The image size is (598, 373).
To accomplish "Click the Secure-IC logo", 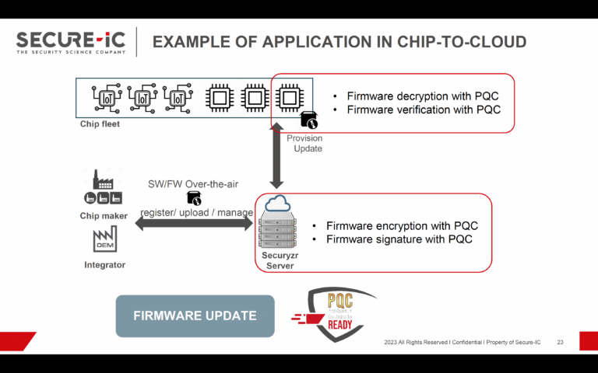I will [72, 41].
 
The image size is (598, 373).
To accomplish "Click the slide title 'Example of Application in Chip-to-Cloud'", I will [339, 41].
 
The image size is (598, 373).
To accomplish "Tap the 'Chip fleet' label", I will [100, 124].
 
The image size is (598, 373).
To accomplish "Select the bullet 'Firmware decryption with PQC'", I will [421, 96].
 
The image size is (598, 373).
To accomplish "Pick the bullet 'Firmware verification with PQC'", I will [421, 110].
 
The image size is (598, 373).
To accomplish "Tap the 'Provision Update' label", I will [304, 143].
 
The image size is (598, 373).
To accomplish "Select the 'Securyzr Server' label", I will [278, 260].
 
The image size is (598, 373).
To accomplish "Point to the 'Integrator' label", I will [104, 265].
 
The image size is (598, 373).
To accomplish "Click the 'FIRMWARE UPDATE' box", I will [195, 315].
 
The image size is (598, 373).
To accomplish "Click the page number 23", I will [560, 343].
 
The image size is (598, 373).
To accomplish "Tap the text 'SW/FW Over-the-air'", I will [193, 183].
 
